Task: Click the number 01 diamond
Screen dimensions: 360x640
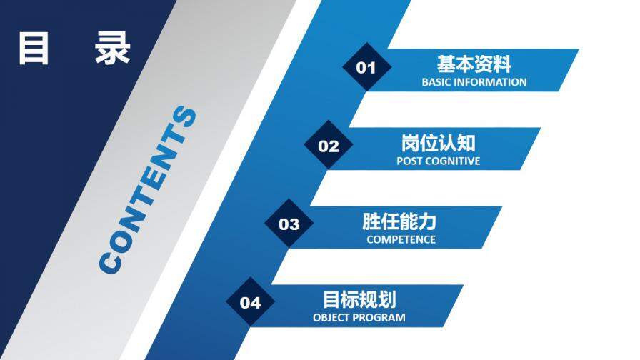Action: (366, 68)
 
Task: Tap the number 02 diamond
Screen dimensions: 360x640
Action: (328, 146)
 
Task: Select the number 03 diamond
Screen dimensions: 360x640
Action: (289, 225)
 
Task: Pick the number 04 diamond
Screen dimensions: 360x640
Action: (250, 303)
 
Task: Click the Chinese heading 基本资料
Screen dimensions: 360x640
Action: (474, 64)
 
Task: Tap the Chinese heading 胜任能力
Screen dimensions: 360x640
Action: (399, 221)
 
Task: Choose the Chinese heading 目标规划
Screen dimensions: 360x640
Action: (360, 299)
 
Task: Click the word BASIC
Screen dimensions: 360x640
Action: (437, 82)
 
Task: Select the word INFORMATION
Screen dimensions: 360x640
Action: (491, 82)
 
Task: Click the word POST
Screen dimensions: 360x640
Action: (410, 161)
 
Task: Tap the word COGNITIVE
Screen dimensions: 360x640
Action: (453, 161)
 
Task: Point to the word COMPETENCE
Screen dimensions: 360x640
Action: (401, 239)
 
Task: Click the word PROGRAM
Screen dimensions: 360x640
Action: (380, 317)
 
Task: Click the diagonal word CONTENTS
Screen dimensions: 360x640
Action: (147, 191)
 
